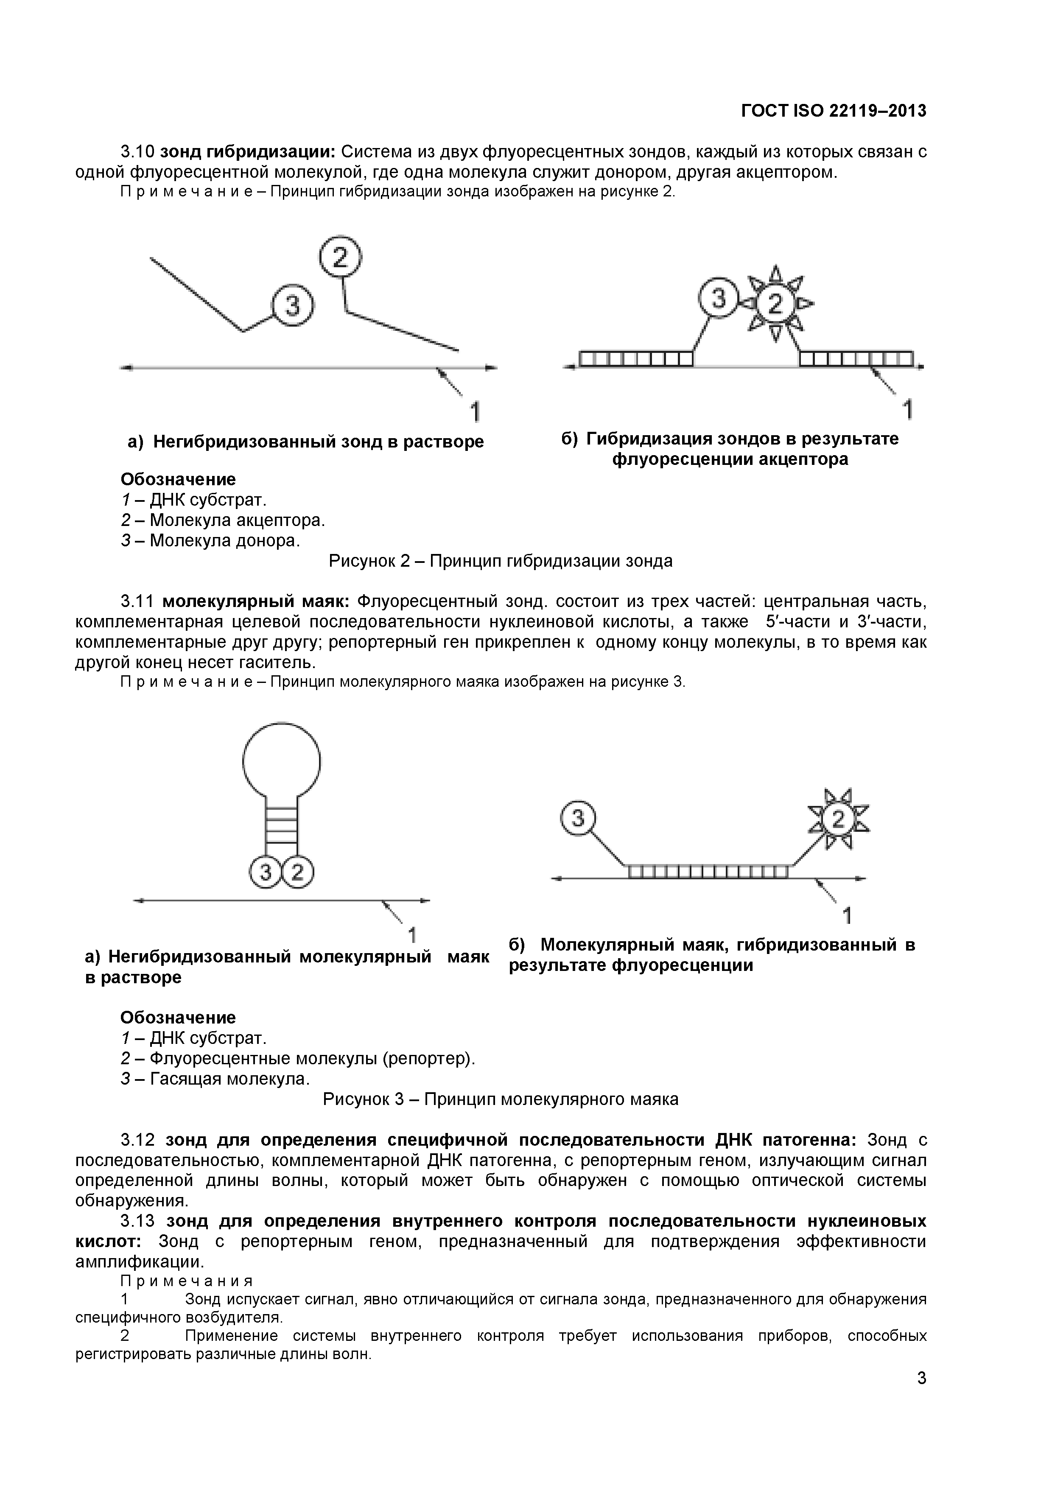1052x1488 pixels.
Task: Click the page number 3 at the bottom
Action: click(921, 1396)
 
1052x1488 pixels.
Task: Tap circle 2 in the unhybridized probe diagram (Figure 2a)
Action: click(340, 258)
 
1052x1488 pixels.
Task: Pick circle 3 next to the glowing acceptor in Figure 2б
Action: click(718, 299)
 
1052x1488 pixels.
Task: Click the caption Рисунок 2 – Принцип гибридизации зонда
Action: click(501, 561)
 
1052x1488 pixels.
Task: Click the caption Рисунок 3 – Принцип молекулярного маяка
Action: click(501, 1099)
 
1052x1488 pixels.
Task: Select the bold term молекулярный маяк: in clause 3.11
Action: click(255, 601)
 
